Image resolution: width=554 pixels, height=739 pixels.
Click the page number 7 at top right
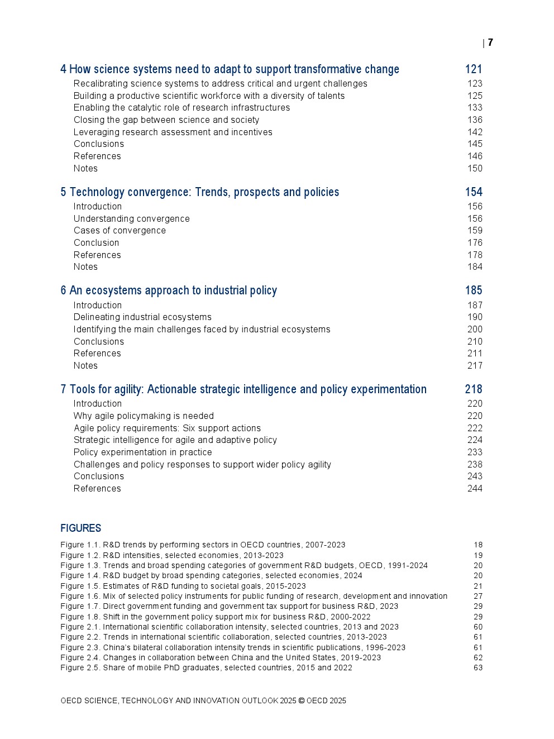[490, 42]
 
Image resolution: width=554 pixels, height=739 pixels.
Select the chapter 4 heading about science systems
[230, 69]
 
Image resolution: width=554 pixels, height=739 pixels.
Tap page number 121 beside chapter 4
[474, 69]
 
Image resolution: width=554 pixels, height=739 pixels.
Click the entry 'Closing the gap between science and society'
[166, 120]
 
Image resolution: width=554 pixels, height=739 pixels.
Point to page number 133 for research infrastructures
[475, 107]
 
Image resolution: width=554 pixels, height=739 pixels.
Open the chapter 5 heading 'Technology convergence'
[200, 192]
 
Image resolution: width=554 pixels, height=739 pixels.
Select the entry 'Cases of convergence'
[120, 230]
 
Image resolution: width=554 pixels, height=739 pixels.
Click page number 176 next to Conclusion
[475, 242]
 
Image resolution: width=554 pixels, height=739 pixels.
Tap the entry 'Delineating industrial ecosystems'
[142, 317]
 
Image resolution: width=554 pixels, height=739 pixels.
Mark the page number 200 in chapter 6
[475, 329]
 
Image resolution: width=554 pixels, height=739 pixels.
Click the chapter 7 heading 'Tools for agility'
[243, 389]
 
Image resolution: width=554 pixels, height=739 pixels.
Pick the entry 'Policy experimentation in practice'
[142, 452]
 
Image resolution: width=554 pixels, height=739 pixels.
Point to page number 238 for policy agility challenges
[475, 464]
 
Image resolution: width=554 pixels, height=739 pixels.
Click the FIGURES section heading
[81, 528]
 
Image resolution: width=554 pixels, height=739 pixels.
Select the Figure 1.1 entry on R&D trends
[203, 545]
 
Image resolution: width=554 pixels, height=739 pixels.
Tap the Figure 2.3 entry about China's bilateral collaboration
[233, 647]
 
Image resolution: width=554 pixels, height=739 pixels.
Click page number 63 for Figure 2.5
[478, 668]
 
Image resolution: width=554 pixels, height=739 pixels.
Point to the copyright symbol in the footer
[302, 700]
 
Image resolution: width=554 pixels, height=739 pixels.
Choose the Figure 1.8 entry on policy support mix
[216, 617]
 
